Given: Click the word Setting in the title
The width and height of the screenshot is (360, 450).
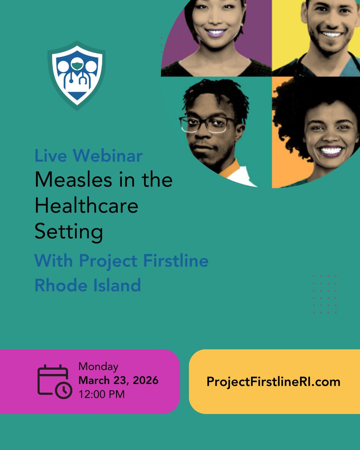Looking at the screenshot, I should tap(69, 232).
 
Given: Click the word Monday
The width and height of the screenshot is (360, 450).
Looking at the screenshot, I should tap(98, 366).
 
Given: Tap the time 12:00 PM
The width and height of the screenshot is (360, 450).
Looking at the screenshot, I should tap(102, 394).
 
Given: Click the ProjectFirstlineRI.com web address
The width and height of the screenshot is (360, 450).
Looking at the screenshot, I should tap(273, 382).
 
